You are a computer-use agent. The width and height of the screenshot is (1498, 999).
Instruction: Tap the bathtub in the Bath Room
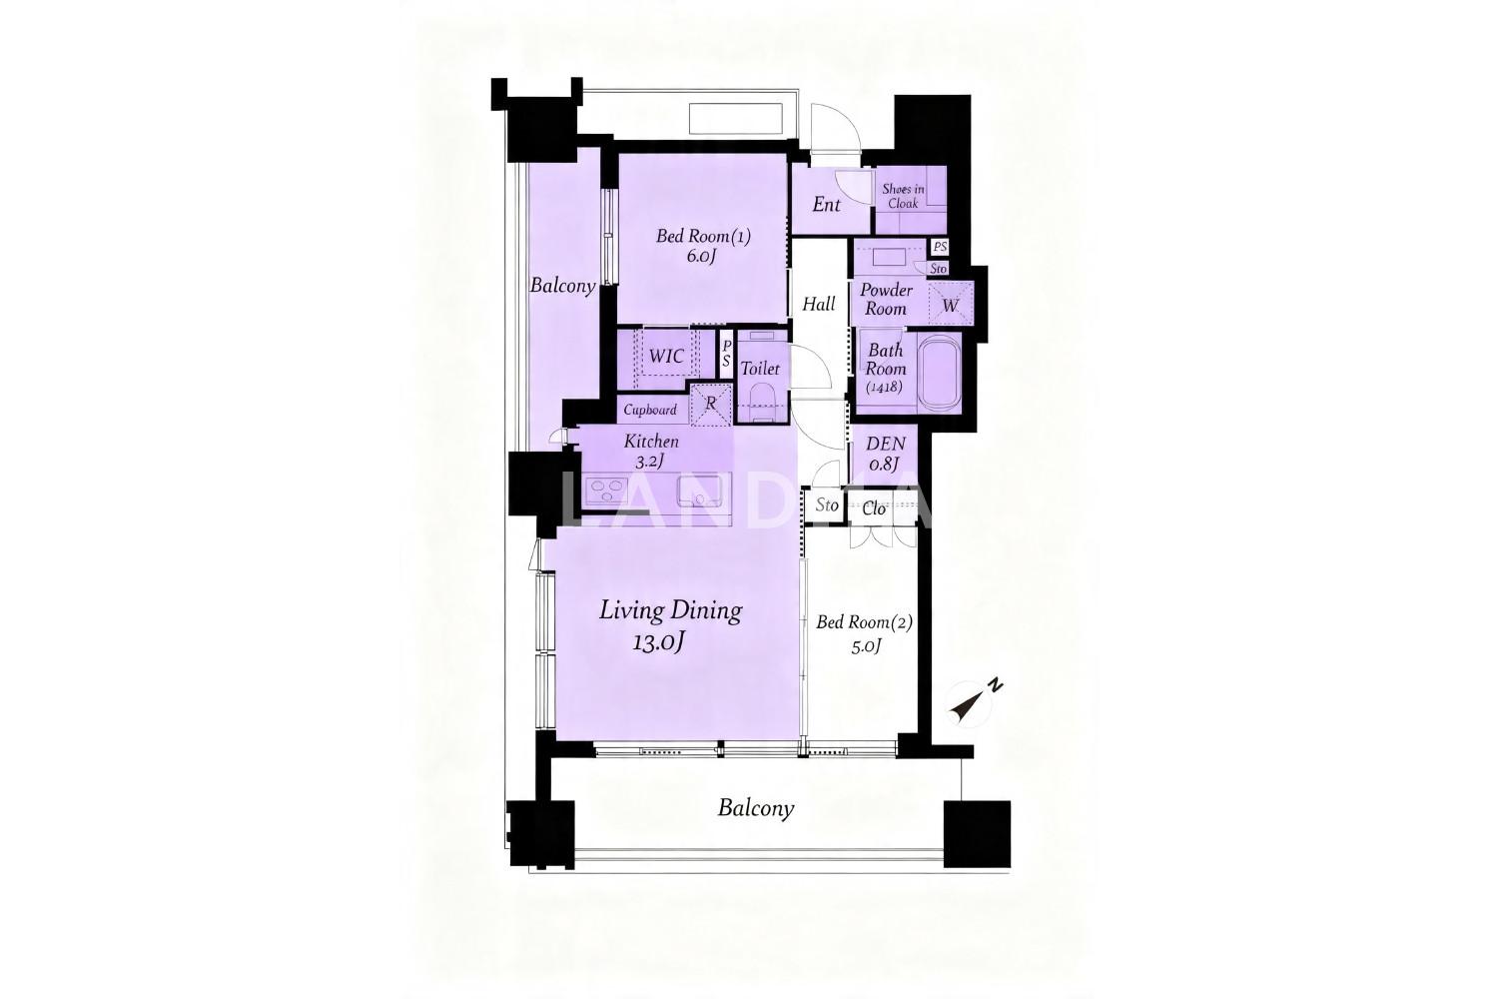(x=939, y=372)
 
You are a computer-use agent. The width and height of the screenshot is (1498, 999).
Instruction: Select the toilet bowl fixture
(x=761, y=401)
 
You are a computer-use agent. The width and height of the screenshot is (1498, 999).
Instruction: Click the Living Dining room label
(x=670, y=611)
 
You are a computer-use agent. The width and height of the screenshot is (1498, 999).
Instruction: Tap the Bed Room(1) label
(x=703, y=236)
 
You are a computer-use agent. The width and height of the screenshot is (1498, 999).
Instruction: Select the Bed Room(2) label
(x=864, y=623)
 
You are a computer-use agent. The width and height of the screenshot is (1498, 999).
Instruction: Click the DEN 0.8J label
(x=885, y=453)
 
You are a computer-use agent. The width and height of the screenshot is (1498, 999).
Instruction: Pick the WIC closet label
(x=666, y=356)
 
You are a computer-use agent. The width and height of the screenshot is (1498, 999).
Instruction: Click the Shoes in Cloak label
(x=903, y=196)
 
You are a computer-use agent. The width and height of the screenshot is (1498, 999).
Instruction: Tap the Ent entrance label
(x=827, y=205)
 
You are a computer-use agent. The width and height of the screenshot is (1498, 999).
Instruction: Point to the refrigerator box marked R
(x=710, y=405)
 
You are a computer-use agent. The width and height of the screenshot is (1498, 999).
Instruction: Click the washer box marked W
(x=951, y=304)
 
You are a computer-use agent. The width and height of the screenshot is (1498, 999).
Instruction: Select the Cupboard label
(x=650, y=411)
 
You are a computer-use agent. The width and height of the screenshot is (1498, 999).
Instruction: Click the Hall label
(x=819, y=305)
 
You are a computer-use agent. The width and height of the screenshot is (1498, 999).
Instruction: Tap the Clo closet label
(x=874, y=509)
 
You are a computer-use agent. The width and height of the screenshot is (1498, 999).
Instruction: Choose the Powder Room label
(x=886, y=299)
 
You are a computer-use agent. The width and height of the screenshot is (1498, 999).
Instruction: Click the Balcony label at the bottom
(x=756, y=808)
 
